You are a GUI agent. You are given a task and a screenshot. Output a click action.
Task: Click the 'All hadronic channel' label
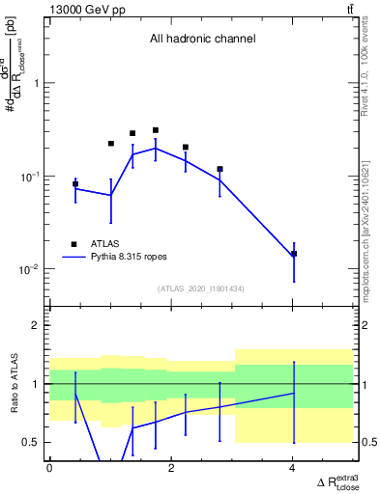202,40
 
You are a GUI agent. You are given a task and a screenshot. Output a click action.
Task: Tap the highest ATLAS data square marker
156,130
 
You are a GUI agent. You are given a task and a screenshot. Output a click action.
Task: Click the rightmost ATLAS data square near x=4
294,254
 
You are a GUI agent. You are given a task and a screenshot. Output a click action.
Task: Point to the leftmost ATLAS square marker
75,183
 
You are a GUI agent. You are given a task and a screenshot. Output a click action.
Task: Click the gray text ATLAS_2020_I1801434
201,288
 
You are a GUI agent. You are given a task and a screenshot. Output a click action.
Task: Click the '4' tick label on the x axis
293,468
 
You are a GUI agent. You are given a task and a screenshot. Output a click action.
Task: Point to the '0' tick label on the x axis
49,468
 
